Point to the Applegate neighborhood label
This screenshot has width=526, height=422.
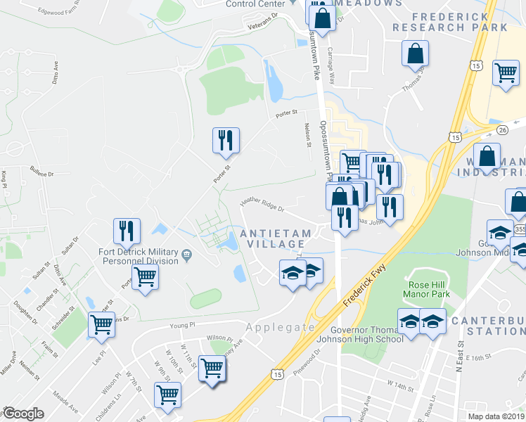[281, 327]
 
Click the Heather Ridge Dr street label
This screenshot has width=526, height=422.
[261, 205]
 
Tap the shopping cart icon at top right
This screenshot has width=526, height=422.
[506, 72]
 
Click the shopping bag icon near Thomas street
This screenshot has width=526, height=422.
[416, 53]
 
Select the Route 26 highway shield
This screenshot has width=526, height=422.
[501, 130]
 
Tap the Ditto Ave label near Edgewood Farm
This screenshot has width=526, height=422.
[53, 72]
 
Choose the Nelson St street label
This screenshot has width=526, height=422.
[307, 135]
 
